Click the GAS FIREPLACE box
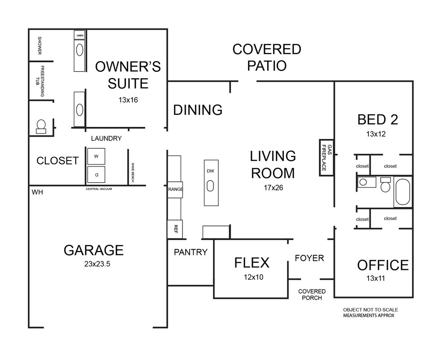326,156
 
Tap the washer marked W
96,156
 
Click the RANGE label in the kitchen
175,189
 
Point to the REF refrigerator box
175,229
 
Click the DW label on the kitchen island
211,171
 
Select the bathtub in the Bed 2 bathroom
402,192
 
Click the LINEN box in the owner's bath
80,35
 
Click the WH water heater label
37,192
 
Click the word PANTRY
191,252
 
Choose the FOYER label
309,258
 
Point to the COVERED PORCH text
312,295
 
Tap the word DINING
198,110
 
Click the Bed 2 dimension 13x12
376,134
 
